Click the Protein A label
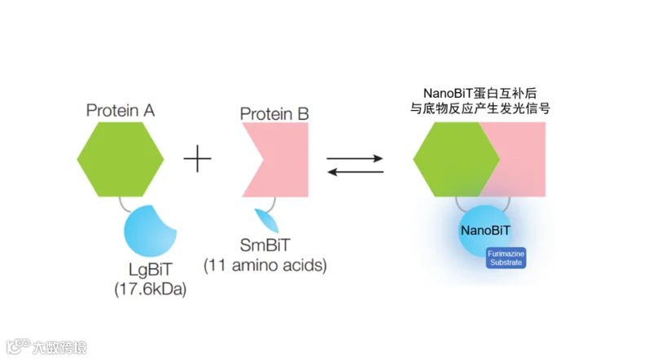click(120, 110)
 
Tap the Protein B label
click(275, 114)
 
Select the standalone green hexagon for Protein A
click(120, 159)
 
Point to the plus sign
click(197, 159)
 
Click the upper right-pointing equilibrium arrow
click(355, 158)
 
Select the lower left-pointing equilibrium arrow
click(355, 172)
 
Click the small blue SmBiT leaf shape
click(267, 220)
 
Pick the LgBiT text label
click(151, 270)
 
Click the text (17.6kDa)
click(151, 289)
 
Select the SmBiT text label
click(265, 245)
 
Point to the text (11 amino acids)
click(265, 266)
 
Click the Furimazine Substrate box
click(506, 257)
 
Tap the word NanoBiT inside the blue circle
click(485, 230)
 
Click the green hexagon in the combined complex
click(456, 159)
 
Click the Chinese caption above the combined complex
click(480, 101)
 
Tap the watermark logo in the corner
click(46, 346)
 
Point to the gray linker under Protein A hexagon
click(125, 205)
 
